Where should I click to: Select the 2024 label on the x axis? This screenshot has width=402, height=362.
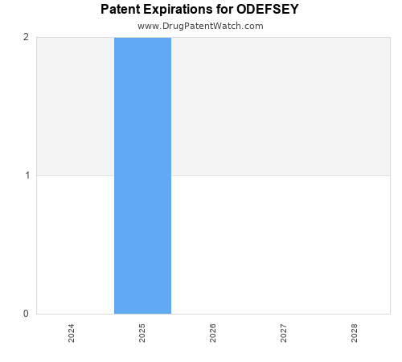tap(72, 333)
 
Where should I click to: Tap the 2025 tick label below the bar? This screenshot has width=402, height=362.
tap(142, 333)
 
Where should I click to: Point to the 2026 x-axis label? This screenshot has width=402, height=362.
tap(213, 333)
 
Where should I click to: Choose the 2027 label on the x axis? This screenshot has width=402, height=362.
tap(284, 333)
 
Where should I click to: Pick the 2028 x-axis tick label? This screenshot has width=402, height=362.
tap(355, 333)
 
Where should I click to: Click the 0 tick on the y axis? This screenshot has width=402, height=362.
tap(26, 314)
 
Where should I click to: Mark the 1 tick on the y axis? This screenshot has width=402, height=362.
tap(26, 175)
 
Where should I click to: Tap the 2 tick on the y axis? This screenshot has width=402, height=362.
tap(26, 37)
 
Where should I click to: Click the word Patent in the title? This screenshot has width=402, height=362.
tap(121, 10)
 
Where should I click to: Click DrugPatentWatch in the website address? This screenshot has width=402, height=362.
tap(200, 26)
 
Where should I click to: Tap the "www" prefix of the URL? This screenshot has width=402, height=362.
tap(147, 26)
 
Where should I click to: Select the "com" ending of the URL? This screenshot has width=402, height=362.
tap(253, 26)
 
